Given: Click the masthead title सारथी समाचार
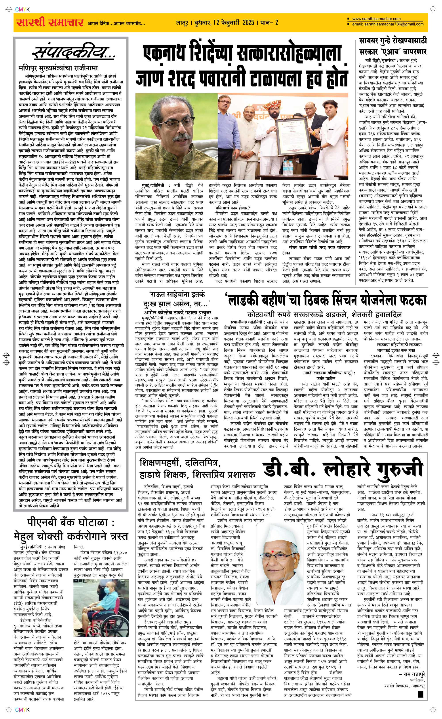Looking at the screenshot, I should pos(50,23).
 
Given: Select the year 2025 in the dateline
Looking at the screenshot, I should pos(248,23).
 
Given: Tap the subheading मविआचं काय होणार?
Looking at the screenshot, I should pos(233,208).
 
